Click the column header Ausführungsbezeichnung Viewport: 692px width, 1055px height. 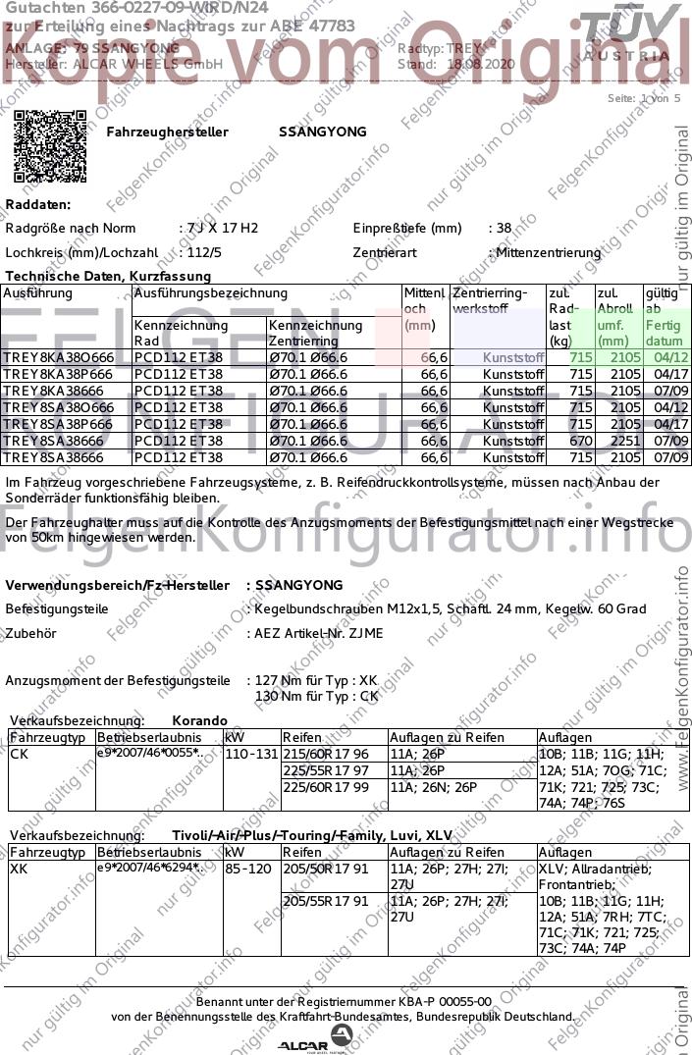point(210,293)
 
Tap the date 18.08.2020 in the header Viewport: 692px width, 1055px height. point(481,64)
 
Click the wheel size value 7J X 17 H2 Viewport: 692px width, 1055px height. point(221,228)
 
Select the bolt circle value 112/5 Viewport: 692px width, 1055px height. point(204,252)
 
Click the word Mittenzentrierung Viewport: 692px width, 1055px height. point(549,253)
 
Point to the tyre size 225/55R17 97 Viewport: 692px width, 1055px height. point(326,770)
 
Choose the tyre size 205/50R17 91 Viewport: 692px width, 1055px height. point(326,870)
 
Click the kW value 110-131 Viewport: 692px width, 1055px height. point(251,754)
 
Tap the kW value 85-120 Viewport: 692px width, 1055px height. point(247,870)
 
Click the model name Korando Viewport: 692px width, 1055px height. point(199,720)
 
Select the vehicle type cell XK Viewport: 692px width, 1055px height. point(19,870)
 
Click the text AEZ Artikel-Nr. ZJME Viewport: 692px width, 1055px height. point(318,633)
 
